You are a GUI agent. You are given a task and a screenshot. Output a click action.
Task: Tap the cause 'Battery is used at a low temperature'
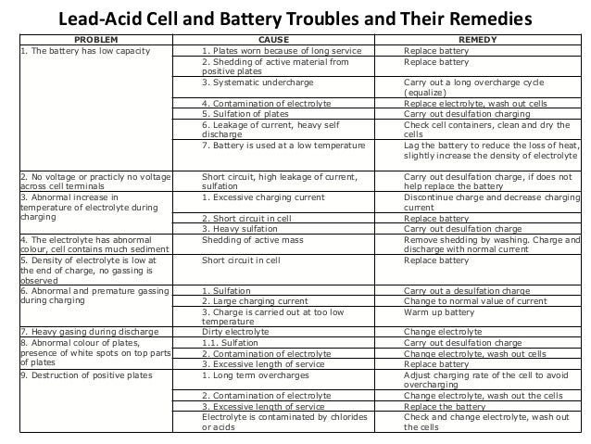point(283,145)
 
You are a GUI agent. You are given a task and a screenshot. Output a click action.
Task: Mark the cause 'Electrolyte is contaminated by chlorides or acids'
point(282,422)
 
